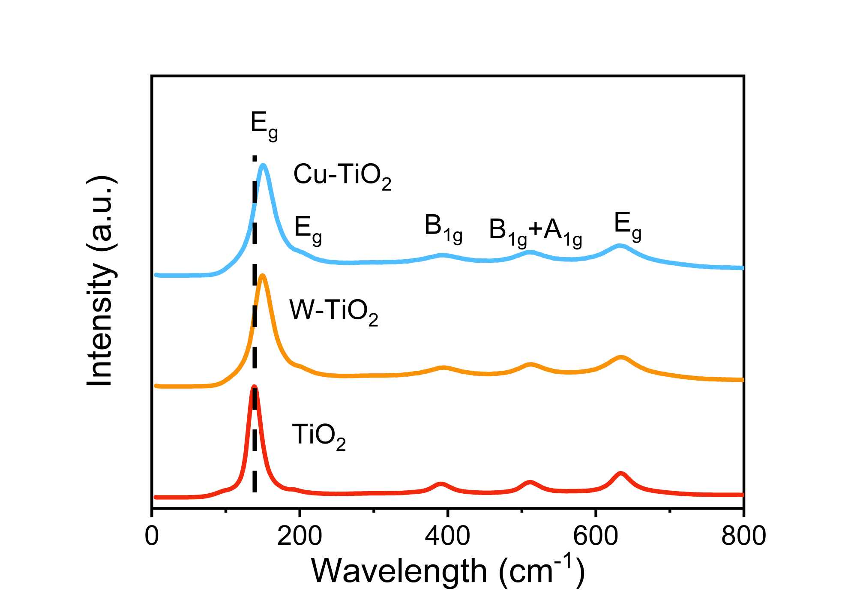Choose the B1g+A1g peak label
[x=535, y=231]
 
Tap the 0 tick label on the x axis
[x=152, y=536]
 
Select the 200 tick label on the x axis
[x=300, y=536]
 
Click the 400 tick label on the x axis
[x=447, y=536]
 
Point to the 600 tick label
[x=595, y=536]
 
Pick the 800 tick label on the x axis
[x=743, y=536]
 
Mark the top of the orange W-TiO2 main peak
[x=263, y=276]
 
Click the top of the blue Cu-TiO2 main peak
[x=263, y=165]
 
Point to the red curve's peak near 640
[x=620, y=474]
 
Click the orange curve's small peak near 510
[x=530, y=365]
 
